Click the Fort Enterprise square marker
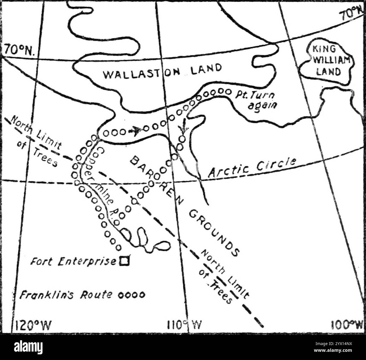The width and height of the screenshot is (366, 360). [x=124, y=261]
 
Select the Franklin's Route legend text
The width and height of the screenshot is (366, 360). [x=66, y=295]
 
